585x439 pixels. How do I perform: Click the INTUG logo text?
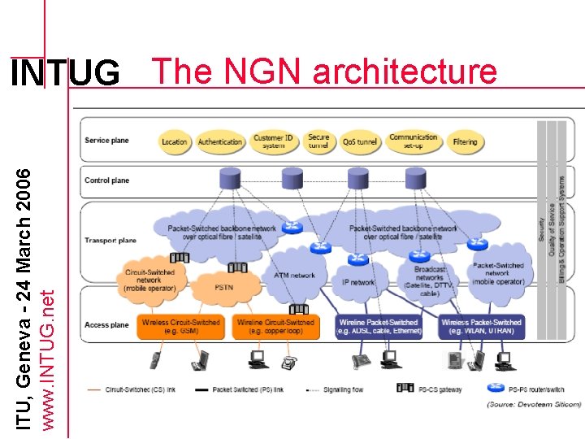(x=64, y=74)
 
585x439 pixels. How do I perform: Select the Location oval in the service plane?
(x=174, y=141)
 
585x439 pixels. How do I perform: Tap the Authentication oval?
(x=220, y=141)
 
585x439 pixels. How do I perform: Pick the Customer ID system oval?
(x=274, y=141)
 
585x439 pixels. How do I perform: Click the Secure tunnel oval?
(x=318, y=141)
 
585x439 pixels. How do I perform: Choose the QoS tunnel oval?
(x=360, y=141)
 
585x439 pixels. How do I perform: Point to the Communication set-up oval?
(x=413, y=141)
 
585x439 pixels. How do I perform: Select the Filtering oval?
(x=465, y=141)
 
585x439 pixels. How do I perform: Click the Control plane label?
(x=106, y=180)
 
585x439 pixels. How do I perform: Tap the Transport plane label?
(x=110, y=241)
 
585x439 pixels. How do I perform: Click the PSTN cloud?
(x=223, y=287)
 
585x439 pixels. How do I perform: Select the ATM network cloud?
(x=294, y=275)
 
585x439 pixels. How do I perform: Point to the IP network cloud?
(x=357, y=282)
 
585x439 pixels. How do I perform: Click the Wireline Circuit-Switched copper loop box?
(x=275, y=327)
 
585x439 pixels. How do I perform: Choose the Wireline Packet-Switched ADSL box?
(x=379, y=327)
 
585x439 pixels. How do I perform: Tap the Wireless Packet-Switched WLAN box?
(x=481, y=327)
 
